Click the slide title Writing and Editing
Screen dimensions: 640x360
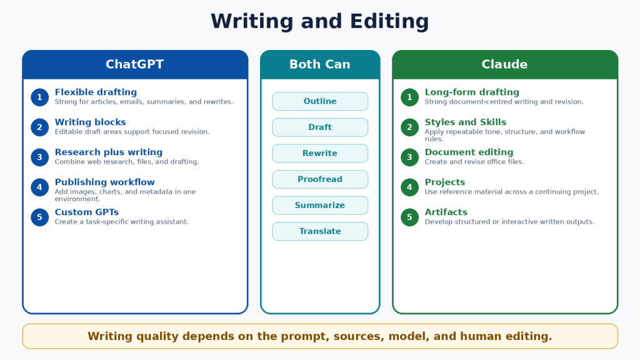pos(319,21)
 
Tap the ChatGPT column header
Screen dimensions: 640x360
pos(135,64)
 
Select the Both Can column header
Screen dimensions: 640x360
pos(320,64)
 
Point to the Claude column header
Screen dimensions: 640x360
pos(505,64)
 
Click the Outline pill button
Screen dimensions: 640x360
pos(320,101)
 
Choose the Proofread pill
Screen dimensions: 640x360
pos(320,179)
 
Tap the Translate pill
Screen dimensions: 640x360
pos(320,231)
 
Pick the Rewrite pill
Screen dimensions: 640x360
pos(320,153)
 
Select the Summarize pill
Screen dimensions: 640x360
pos(320,205)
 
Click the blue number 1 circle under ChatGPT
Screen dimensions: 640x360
pos(39,97)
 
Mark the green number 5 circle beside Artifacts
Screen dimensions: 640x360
pos(409,217)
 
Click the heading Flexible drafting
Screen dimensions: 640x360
pos(96,92)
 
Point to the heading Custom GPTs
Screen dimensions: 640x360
pos(87,212)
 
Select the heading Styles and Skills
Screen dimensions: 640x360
pos(465,122)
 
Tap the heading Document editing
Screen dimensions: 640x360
pos(469,152)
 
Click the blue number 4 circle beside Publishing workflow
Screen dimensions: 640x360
pos(39,187)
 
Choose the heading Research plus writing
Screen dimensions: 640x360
pos(109,152)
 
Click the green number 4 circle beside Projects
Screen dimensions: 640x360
pos(409,187)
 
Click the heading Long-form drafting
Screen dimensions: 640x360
pos(472,92)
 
